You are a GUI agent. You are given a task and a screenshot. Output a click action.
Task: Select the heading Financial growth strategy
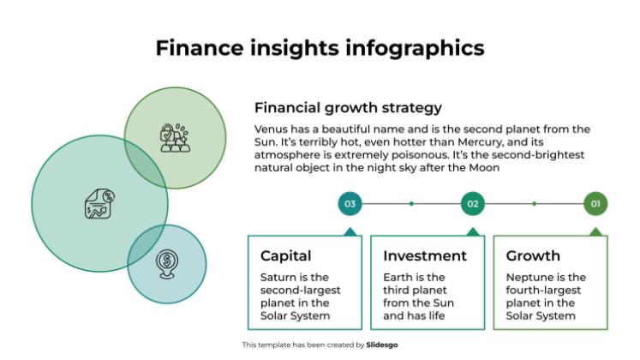[x=348, y=108]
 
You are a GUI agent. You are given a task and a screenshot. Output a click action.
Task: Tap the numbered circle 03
[x=350, y=204]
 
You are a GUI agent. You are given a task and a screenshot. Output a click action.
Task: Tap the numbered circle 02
[x=472, y=204]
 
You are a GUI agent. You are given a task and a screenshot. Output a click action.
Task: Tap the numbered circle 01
[x=595, y=204]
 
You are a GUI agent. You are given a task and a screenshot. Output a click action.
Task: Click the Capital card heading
[x=285, y=255]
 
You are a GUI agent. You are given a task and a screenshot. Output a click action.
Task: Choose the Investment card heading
[x=425, y=255]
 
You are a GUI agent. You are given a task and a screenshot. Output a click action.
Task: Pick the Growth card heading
[x=533, y=255]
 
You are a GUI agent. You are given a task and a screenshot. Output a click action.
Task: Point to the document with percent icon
[x=98, y=204]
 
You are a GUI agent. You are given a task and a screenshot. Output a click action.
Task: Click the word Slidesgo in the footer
[x=380, y=345]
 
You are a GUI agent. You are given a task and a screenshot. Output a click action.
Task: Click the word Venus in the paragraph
[x=274, y=129]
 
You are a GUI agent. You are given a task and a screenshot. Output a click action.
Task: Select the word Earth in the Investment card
[x=398, y=278]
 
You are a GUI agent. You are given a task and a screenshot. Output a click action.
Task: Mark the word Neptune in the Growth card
[x=533, y=278]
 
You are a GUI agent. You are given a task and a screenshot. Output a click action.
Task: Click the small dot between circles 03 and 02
[x=411, y=204]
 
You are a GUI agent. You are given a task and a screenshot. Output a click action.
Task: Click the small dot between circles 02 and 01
[x=534, y=204]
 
